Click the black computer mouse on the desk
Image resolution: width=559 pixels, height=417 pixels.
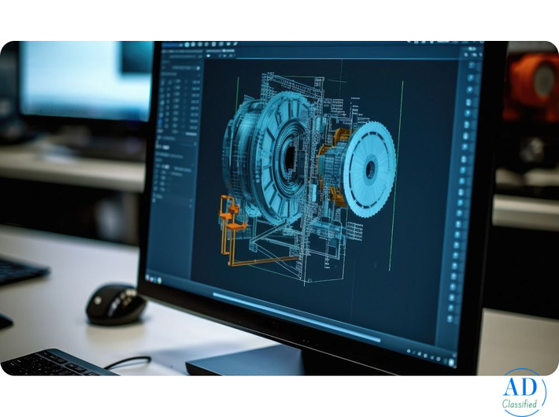(x=116, y=304)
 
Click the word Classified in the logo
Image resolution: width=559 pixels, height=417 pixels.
(x=520, y=404)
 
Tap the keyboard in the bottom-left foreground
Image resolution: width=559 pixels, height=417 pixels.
(x=55, y=363)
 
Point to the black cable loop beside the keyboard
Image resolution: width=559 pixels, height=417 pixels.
(x=129, y=362)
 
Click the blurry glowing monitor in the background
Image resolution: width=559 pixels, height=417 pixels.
(x=85, y=79)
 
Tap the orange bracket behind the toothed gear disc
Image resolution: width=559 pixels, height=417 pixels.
(x=334, y=149)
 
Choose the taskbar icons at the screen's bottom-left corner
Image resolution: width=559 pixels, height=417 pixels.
(x=161, y=280)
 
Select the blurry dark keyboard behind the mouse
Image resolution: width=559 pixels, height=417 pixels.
(x=20, y=271)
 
